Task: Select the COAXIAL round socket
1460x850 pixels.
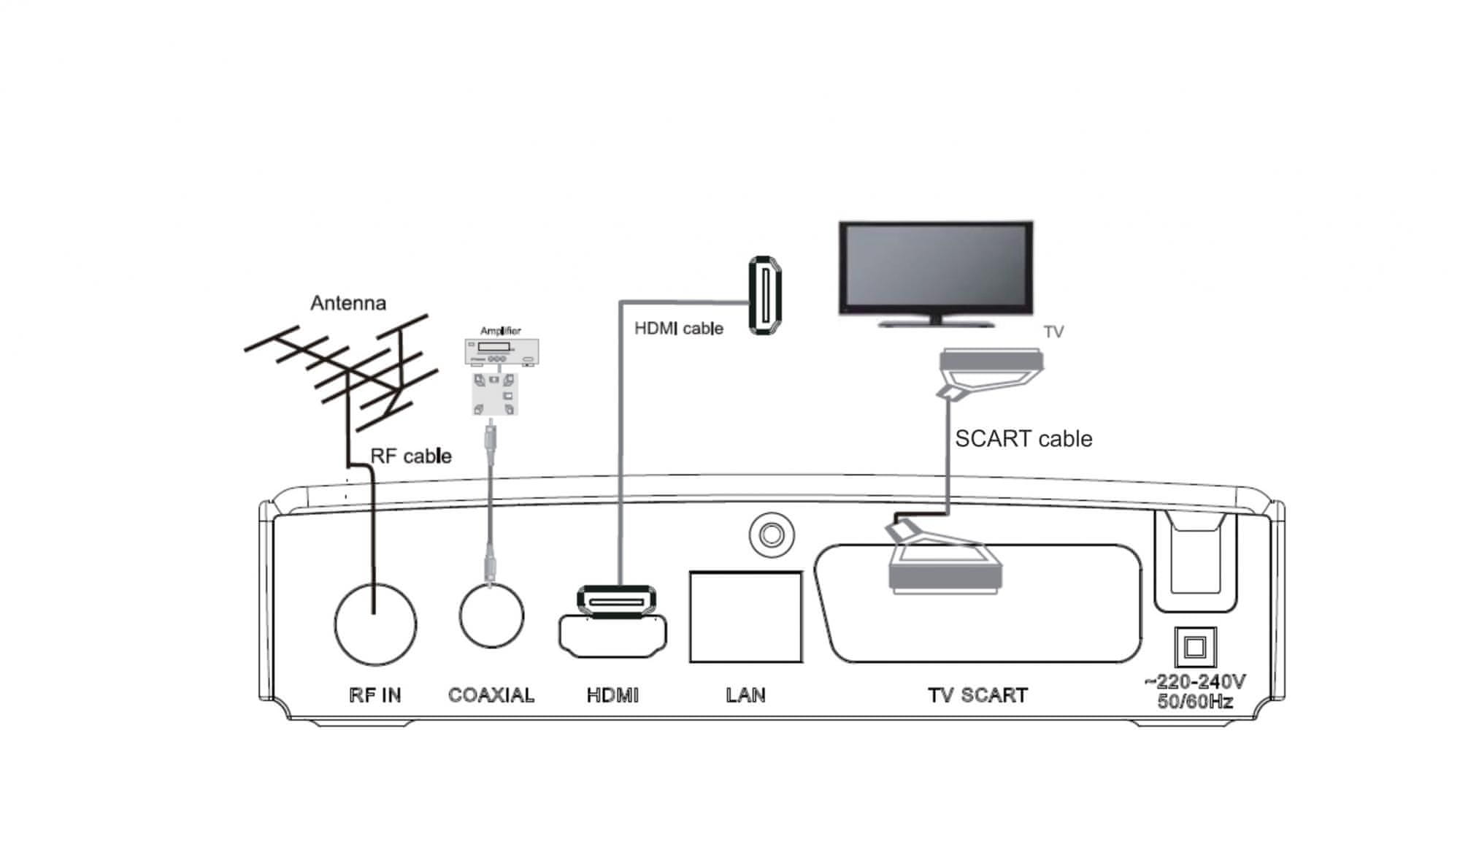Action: click(x=491, y=616)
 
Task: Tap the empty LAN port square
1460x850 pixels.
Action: click(x=745, y=617)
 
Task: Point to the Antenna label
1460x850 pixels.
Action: click(x=348, y=303)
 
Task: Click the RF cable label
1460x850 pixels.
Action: click(x=411, y=456)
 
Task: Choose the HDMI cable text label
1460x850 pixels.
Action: click(x=678, y=329)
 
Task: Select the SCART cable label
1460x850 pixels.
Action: click(x=1023, y=439)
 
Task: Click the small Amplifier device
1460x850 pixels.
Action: click(x=502, y=352)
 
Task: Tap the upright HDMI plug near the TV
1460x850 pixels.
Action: click(x=764, y=295)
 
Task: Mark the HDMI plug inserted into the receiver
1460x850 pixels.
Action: click(x=617, y=600)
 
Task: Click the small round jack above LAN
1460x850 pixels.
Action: click(x=771, y=535)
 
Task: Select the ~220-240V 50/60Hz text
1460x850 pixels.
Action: click(x=1194, y=692)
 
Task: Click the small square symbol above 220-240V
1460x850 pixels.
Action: click(x=1194, y=647)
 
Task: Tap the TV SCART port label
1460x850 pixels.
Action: click(x=977, y=695)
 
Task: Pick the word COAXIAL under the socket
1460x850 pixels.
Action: click(x=491, y=695)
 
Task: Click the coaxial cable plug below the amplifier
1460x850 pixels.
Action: click(x=491, y=438)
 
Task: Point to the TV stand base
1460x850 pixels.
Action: click(x=936, y=322)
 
